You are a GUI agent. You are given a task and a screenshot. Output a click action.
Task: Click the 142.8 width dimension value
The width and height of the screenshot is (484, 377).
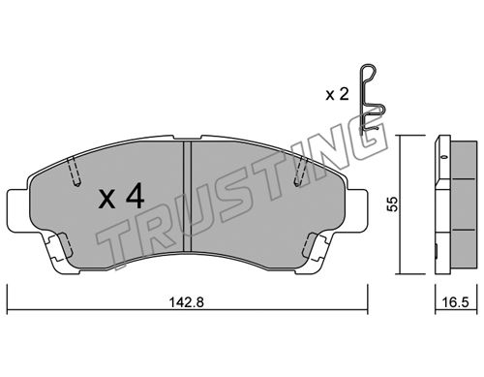point(187,302)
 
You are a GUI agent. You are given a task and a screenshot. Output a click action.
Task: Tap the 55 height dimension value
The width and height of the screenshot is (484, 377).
point(393,204)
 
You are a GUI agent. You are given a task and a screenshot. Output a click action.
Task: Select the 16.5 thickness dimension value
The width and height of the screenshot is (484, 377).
point(455,302)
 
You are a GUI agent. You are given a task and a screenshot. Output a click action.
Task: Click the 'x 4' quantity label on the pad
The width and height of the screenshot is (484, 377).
point(121,196)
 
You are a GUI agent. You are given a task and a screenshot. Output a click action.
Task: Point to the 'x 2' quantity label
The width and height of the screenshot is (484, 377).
point(337,95)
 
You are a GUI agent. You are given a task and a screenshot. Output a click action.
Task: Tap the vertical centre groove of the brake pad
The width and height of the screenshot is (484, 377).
point(187,197)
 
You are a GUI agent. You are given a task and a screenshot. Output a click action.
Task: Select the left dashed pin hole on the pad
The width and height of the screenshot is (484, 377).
point(75,172)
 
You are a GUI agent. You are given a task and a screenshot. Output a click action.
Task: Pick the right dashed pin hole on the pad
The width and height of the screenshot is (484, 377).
point(301,172)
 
